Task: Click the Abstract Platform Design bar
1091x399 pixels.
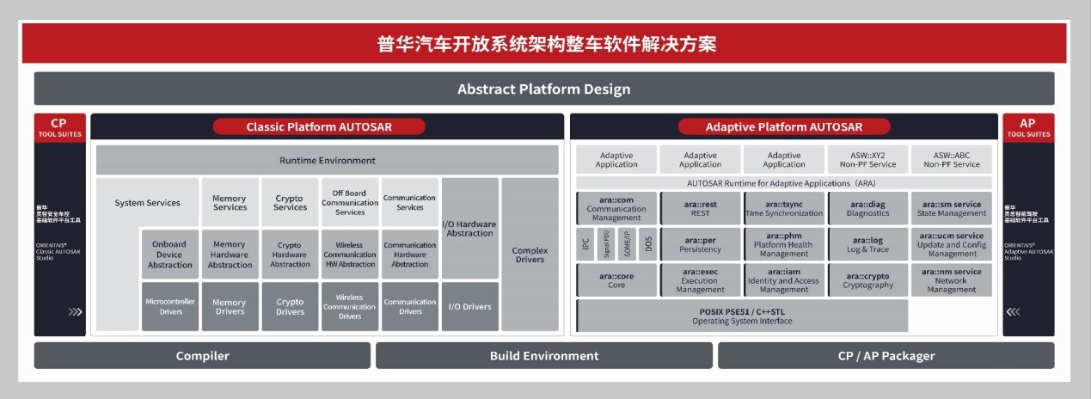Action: pyautogui.click(x=544, y=89)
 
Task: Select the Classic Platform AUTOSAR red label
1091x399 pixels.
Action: pyautogui.click(x=319, y=126)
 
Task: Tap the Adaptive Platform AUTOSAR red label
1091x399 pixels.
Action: pyautogui.click(x=783, y=126)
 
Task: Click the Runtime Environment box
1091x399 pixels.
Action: pyautogui.click(x=327, y=160)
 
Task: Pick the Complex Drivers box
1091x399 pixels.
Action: pyautogui.click(x=530, y=255)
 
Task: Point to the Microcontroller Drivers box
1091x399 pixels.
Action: pyautogui.click(x=170, y=306)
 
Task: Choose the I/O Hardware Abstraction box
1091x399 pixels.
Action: pyautogui.click(x=469, y=228)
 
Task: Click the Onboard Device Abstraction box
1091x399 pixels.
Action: pyautogui.click(x=170, y=255)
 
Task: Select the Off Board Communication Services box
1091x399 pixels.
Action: pyautogui.click(x=350, y=203)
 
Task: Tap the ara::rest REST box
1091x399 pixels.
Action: pyautogui.click(x=700, y=209)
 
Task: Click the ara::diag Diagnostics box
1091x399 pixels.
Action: pyautogui.click(x=867, y=209)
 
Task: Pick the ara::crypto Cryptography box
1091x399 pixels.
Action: pyautogui.click(x=867, y=279)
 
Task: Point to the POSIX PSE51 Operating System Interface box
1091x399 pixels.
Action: pyautogui.click(x=742, y=316)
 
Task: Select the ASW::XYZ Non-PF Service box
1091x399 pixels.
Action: pyautogui.click(x=867, y=160)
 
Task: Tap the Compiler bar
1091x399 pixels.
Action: pyautogui.click(x=203, y=355)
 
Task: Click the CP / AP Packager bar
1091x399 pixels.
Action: pyautogui.click(x=886, y=355)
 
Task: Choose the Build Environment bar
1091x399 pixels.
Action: pyautogui.click(x=543, y=355)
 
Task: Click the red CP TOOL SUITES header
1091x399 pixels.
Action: pyautogui.click(x=58, y=127)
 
